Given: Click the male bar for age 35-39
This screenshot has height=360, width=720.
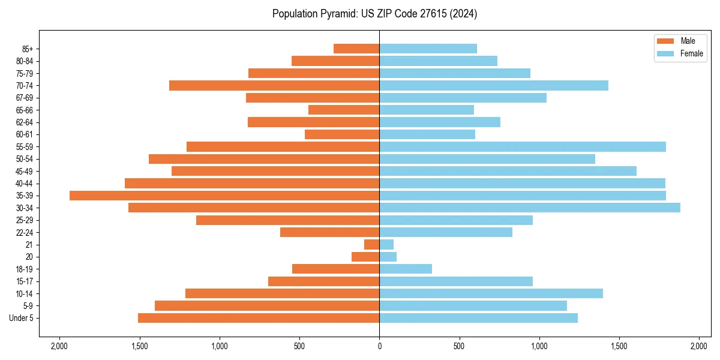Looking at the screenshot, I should click(x=224, y=196).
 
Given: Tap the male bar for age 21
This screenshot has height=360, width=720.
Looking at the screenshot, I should click(x=371, y=244).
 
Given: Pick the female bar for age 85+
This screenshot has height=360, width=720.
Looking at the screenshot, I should click(x=428, y=49).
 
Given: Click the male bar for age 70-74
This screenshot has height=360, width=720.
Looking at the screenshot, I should click(x=274, y=85).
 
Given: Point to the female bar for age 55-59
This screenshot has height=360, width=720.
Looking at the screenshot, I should click(x=523, y=146).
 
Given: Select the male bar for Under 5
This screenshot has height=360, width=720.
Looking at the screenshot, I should click(x=259, y=318).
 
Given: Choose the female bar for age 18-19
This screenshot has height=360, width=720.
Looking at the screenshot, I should click(x=406, y=269).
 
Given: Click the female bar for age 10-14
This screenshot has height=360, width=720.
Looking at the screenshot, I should click(x=491, y=293).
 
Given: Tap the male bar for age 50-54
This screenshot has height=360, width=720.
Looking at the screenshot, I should click(x=264, y=159).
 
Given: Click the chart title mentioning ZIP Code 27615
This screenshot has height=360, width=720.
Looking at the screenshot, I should click(x=374, y=14).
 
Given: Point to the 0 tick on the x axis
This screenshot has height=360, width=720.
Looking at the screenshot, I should click(x=379, y=347).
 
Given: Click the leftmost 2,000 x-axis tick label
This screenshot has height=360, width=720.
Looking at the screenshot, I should click(x=59, y=347).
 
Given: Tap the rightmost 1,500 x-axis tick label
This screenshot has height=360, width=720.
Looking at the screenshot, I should click(x=619, y=347).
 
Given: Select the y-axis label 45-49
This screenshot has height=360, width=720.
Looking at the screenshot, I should click(x=25, y=171).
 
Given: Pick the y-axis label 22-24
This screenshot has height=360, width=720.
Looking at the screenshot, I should click(x=25, y=232).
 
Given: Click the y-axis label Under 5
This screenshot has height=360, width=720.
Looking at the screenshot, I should click(x=22, y=318).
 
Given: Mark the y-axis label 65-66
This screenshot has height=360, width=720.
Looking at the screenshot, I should click(x=25, y=110).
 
